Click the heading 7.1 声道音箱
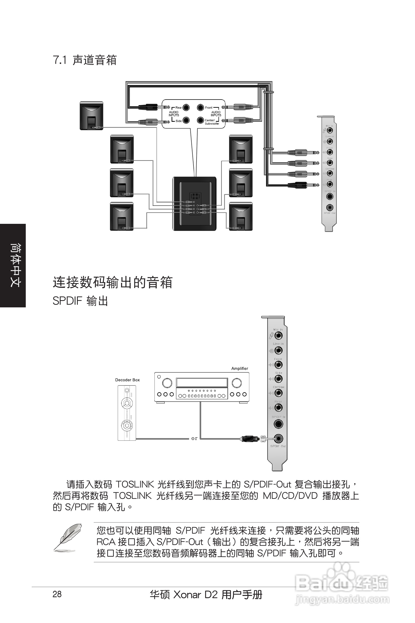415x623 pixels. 85,60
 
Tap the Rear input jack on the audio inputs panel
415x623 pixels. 186,108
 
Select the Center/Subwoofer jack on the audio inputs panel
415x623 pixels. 200,120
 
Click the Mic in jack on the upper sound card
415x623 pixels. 330,130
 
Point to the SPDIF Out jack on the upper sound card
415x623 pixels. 329,207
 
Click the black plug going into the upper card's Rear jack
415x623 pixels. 298,185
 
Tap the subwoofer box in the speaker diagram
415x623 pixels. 194,204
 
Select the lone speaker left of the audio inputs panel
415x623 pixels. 91,116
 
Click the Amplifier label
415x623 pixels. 240,368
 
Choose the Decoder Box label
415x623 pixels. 127,380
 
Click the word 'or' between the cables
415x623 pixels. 194,438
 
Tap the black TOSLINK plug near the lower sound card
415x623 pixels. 249,439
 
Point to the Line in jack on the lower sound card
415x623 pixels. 278,350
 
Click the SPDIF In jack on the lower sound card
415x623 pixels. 278,424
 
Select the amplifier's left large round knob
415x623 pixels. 167,383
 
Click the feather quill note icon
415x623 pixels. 68,538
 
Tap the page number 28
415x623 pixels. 57,594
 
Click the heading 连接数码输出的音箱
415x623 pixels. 113,282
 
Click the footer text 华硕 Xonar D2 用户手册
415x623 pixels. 206,595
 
